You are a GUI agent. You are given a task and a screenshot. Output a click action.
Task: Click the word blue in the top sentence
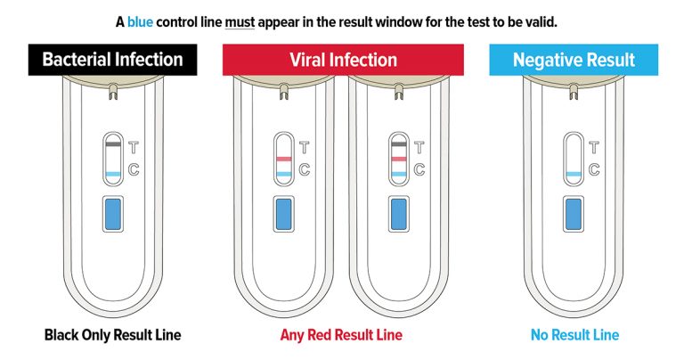[x=140, y=21]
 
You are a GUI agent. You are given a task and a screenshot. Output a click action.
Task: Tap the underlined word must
[x=240, y=22]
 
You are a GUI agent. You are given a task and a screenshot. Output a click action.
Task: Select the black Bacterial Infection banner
[x=112, y=60]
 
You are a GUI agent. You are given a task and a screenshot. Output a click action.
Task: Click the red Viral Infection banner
[x=343, y=60]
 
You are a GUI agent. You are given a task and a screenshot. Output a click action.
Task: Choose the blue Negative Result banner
[x=574, y=60]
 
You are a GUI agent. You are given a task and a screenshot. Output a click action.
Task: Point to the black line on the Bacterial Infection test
[x=113, y=144]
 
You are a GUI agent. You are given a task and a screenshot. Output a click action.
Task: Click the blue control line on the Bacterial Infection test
[x=113, y=174]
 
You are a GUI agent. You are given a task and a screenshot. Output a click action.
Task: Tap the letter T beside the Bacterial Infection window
[x=134, y=148]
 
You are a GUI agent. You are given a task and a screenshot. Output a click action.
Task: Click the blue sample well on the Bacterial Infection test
[x=113, y=214]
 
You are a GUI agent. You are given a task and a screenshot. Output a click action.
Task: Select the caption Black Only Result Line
[x=112, y=335]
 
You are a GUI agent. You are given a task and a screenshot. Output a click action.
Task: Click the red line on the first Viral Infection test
[x=283, y=160]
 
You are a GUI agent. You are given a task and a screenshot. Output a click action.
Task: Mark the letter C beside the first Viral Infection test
[x=305, y=169]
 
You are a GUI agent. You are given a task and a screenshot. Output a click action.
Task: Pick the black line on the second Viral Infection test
[x=399, y=144]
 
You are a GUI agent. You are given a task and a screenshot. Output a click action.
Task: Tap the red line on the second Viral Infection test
[x=399, y=160]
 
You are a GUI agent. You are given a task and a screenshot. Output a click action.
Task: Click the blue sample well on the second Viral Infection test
[x=399, y=214]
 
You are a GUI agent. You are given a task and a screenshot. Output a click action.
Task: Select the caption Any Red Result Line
[x=341, y=335]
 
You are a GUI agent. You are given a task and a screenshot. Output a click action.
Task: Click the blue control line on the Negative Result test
[x=574, y=174]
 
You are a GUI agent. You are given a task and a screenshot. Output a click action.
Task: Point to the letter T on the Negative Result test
[x=594, y=148]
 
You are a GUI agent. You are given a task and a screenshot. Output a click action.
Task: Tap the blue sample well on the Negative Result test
[x=574, y=214]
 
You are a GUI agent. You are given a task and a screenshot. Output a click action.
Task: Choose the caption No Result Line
[x=575, y=335]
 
